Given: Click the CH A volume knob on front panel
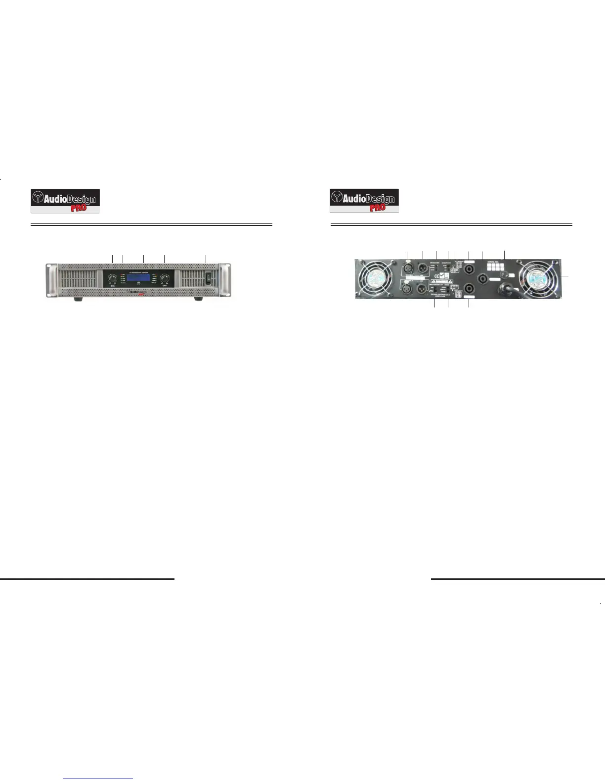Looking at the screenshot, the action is [113, 279].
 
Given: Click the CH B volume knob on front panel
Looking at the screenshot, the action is [164, 279].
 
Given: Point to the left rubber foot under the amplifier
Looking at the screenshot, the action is [78, 300].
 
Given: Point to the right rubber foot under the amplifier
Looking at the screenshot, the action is [198, 300].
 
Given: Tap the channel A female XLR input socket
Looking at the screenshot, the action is [408, 267].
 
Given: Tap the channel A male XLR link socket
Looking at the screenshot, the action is [423, 267].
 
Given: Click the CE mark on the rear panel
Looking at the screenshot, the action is [434, 278].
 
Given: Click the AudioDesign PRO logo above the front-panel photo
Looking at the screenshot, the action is [65, 201].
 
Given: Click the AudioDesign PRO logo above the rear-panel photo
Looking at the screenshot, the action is [364, 201].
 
